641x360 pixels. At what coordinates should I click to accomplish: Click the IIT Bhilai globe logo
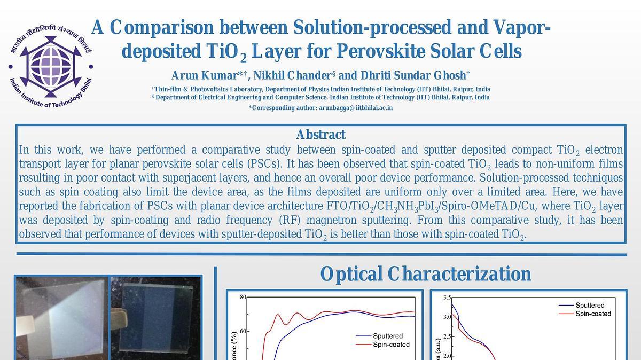[x=51, y=66]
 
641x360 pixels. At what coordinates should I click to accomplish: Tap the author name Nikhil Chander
[x=292, y=75]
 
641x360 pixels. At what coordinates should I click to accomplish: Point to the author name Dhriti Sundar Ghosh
[x=413, y=75]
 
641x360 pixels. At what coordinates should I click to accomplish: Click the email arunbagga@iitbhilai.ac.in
[x=356, y=108]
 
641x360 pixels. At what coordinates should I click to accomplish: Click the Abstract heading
[x=321, y=135]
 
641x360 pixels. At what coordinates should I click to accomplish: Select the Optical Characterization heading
[x=426, y=274]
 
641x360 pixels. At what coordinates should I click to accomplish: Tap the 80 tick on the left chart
[x=243, y=297]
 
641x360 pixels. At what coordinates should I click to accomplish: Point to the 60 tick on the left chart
[x=243, y=331]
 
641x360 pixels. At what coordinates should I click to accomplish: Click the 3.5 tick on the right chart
[x=447, y=298]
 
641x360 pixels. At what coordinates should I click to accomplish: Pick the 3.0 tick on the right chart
[x=447, y=317]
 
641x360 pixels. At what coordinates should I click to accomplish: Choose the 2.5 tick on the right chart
[x=447, y=336]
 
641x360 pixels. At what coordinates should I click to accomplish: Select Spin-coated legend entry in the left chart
[x=382, y=345]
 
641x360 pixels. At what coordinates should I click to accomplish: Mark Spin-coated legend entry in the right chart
[x=585, y=314]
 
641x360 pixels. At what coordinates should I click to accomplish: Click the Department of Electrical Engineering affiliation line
[x=321, y=97]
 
